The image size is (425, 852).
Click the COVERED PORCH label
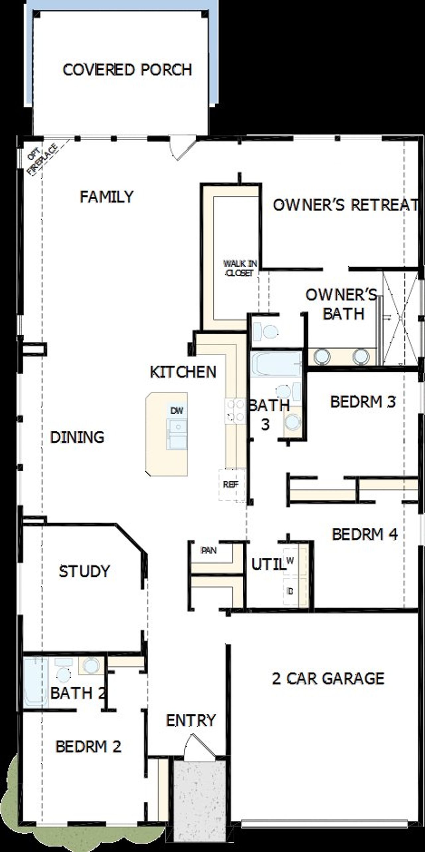(127, 70)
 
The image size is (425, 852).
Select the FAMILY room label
(107, 196)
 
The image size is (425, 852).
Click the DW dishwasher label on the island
(177, 411)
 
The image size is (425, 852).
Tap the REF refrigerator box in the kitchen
(231, 485)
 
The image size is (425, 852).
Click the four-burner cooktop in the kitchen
(235, 411)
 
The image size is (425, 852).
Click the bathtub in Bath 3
(276, 364)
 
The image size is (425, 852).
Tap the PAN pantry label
(209, 550)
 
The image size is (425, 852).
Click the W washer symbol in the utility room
(290, 560)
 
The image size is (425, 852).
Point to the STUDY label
(84, 571)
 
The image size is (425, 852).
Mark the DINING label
(77, 437)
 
